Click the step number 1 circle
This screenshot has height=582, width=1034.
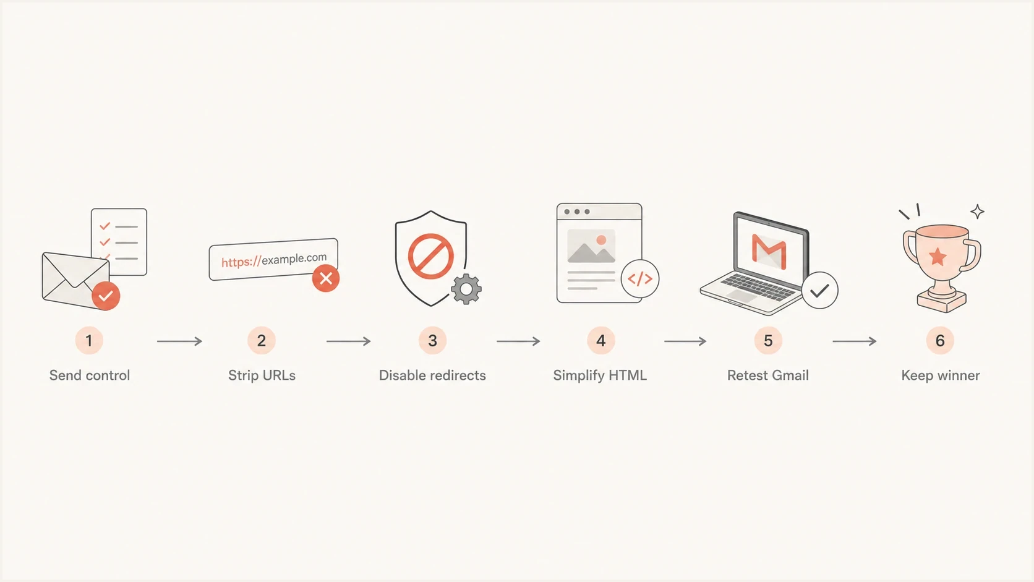point(89,341)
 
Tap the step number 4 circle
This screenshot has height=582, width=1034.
point(600,341)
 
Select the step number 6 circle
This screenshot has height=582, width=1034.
point(940,341)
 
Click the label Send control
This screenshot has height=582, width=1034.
point(90,375)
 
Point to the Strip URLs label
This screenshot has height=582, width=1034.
point(262,375)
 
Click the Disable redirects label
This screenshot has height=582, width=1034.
point(432,375)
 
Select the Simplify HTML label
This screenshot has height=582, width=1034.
point(600,375)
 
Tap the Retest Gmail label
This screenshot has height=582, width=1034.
point(767,375)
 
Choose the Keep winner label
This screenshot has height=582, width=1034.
point(940,375)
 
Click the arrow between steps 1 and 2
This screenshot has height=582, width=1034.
point(179,341)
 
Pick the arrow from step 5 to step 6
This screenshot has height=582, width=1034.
point(855,341)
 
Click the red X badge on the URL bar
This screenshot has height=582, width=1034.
point(326,278)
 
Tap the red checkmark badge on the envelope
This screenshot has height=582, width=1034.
point(106,296)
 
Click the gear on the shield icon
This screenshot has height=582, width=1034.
point(466,289)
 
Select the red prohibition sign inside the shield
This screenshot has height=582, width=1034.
point(430,256)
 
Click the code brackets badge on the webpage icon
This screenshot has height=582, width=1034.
point(640,279)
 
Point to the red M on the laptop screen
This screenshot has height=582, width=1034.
point(769,251)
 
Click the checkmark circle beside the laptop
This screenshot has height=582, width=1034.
point(820,290)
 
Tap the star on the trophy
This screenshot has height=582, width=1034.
point(938,257)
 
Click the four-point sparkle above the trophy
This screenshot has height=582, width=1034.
point(977,212)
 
